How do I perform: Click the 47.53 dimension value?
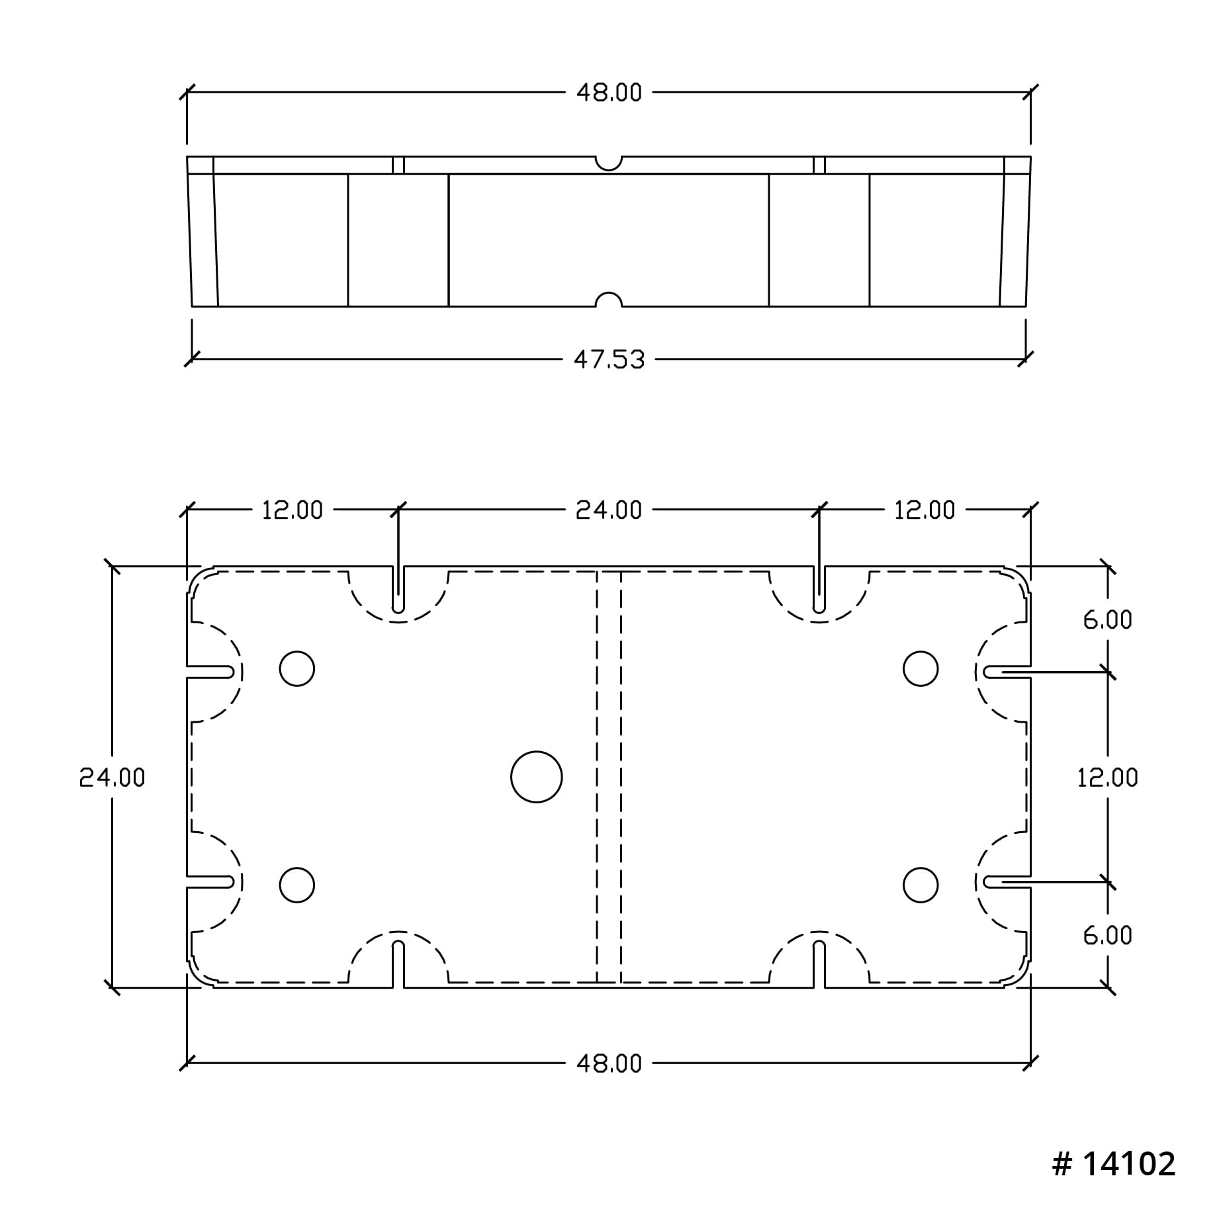point(609,360)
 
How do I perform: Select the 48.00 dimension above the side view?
point(609,93)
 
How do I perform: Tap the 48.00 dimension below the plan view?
point(609,1063)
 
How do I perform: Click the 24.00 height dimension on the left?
point(112,777)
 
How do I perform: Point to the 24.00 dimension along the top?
point(609,510)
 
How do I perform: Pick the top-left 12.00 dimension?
point(293,510)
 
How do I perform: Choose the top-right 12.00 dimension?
point(925,510)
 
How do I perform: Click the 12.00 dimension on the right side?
point(1108,777)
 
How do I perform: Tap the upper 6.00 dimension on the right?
point(1108,619)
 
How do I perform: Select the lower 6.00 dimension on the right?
point(1108,935)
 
